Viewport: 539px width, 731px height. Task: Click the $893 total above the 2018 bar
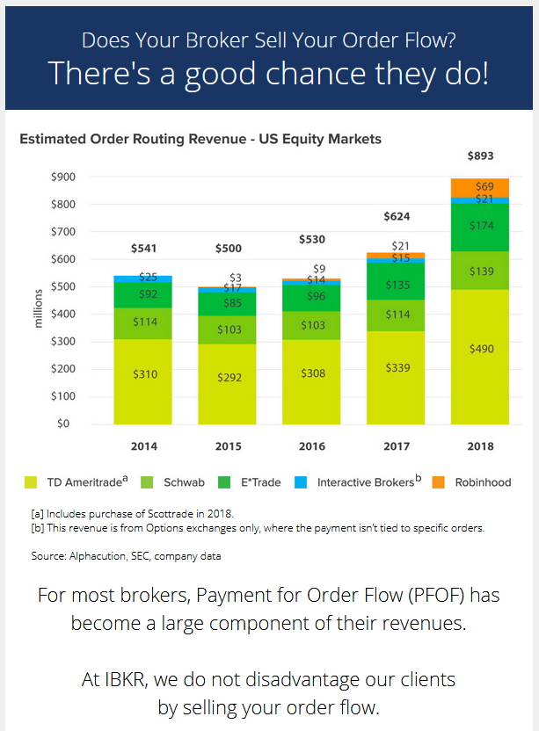[480, 156]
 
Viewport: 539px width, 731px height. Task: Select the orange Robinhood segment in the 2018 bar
[480, 187]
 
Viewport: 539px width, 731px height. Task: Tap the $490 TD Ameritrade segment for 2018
[480, 349]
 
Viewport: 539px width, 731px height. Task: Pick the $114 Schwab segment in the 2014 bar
[144, 322]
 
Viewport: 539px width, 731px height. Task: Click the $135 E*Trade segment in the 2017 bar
[397, 285]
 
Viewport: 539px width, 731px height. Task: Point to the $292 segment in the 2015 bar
[229, 378]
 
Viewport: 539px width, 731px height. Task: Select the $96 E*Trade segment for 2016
[312, 296]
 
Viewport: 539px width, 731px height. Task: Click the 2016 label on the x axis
[312, 446]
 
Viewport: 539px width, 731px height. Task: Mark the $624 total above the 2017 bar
[397, 216]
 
